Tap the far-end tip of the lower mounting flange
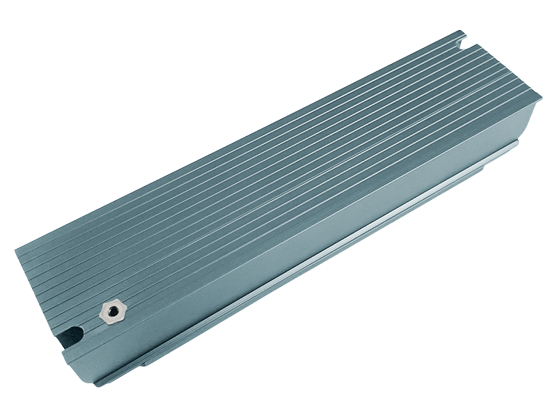click(x=519, y=142)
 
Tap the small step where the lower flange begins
click(x=143, y=363)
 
